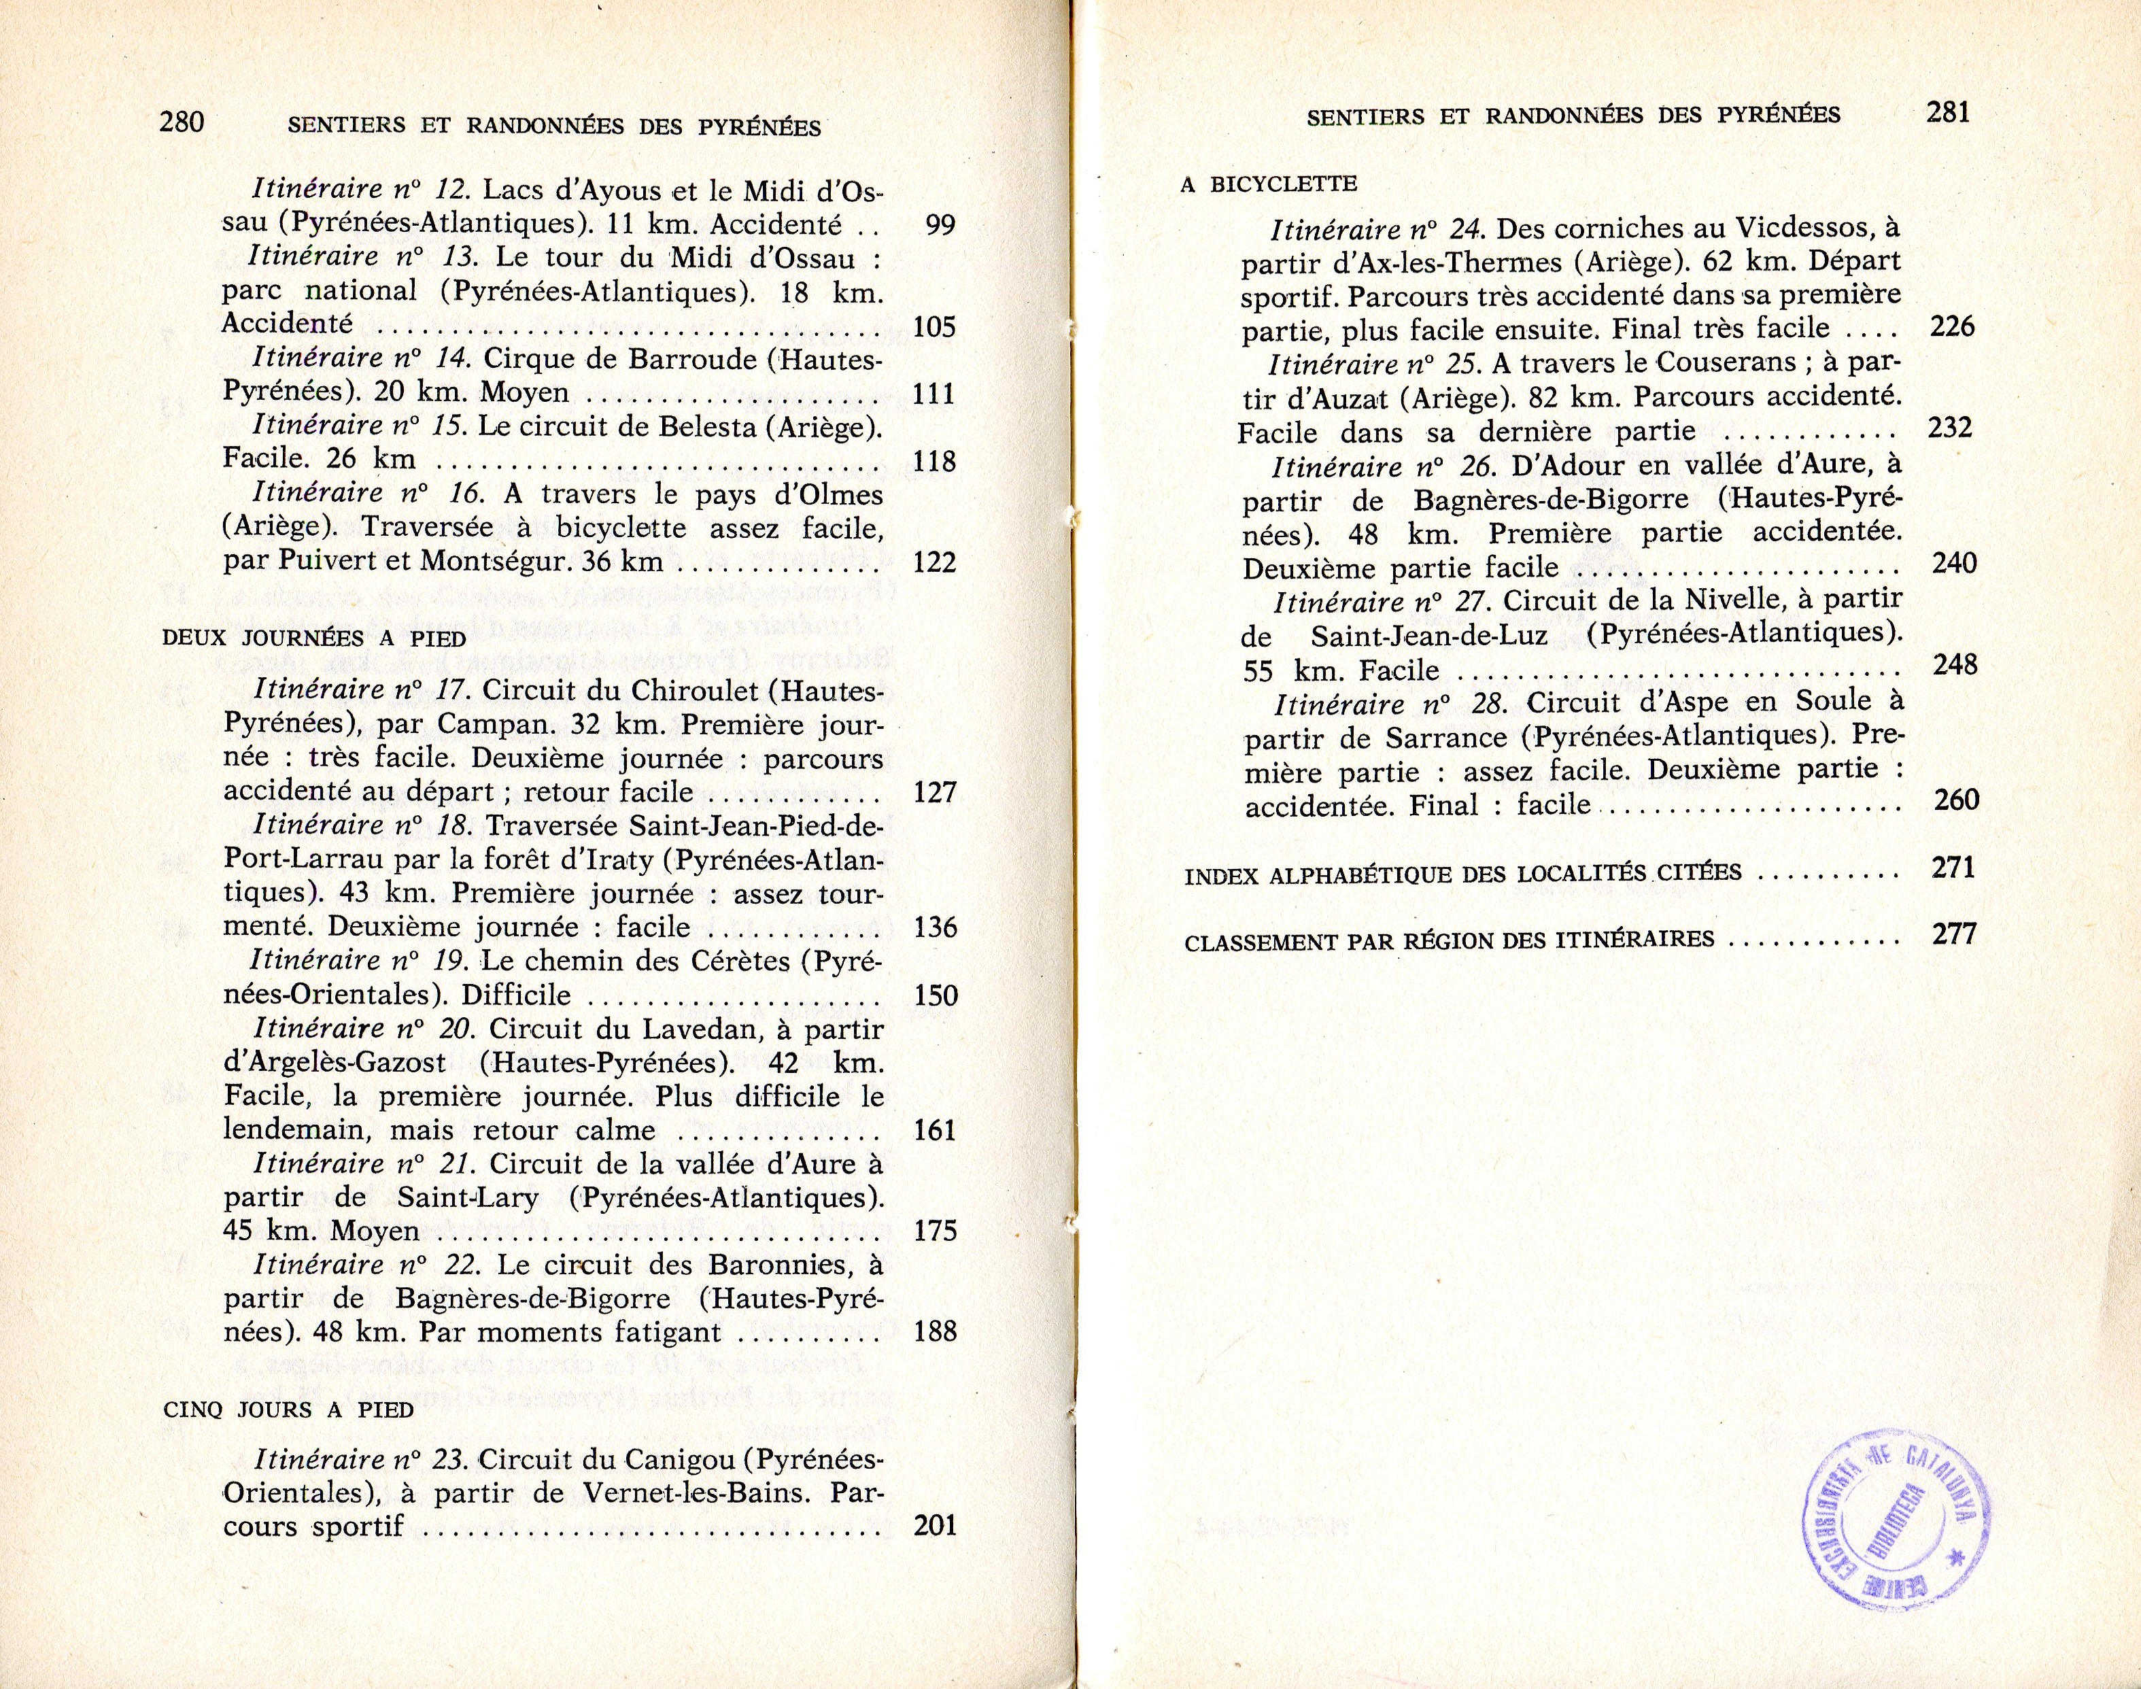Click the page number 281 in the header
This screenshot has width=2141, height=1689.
coord(1948,113)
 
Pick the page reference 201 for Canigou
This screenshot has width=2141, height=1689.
coord(935,1526)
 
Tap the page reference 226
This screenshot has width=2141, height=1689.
coord(1951,326)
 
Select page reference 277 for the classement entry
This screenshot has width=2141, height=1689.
coord(1954,934)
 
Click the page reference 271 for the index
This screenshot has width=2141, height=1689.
coord(1953,868)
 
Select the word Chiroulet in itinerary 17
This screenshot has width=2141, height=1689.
coord(688,689)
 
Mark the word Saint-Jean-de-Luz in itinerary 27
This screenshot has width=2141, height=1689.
coord(1432,635)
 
